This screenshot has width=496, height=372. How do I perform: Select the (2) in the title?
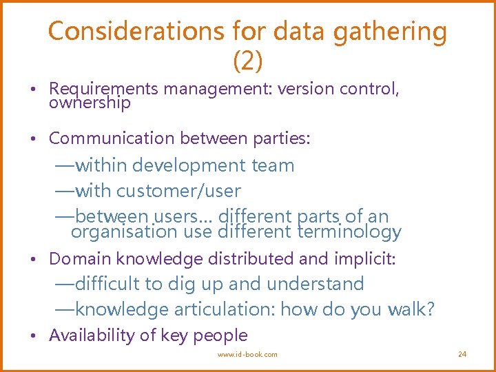pos(248,62)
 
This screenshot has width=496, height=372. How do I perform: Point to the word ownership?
pos(90,103)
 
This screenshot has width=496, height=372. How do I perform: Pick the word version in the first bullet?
pos(304,89)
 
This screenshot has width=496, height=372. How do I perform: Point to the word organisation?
pos(125,232)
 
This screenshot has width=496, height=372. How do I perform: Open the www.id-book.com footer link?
pos(247,354)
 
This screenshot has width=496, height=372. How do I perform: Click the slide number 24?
pos(462,354)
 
